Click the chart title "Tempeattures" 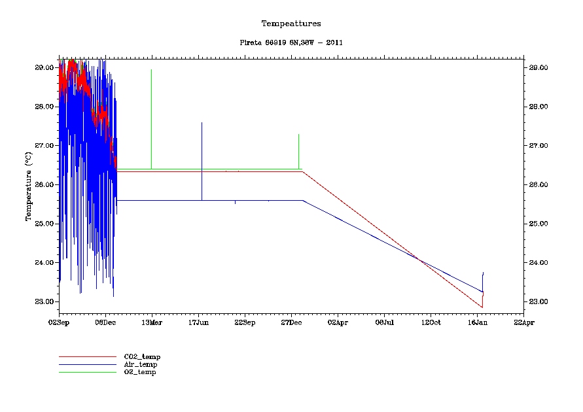click(x=291, y=24)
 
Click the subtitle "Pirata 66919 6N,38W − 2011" click(x=291, y=43)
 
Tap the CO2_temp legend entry click(x=142, y=356)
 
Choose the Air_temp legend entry click(x=141, y=364)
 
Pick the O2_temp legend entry click(x=140, y=372)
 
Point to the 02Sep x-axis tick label click(x=59, y=322)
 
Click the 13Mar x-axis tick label click(x=152, y=322)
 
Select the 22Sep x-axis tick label click(x=245, y=322)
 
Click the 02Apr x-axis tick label click(x=338, y=322)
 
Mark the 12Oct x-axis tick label click(x=431, y=322)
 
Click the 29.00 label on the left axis click(x=44, y=67)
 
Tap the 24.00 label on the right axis click(x=538, y=262)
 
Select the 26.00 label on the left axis click(x=44, y=184)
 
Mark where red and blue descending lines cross click(x=419, y=260)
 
